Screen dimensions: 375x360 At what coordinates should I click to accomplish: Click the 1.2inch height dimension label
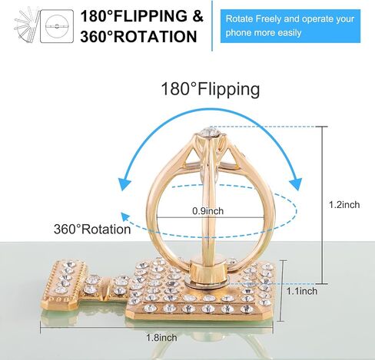pyautogui.click(x=344, y=205)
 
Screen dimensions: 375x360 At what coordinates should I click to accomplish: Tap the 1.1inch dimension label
pyautogui.click(x=302, y=291)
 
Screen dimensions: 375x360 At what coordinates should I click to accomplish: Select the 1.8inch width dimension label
pyautogui.click(x=161, y=338)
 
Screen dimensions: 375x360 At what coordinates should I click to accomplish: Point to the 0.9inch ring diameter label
pyautogui.click(x=208, y=211)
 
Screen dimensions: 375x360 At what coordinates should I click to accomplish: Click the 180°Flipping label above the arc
pyautogui.click(x=211, y=90)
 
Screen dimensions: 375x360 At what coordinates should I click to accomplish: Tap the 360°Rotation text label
pyautogui.click(x=92, y=229)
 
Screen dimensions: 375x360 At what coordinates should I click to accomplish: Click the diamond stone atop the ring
pyautogui.click(x=210, y=132)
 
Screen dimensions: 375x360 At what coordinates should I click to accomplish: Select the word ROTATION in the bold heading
pyautogui.click(x=155, y=36)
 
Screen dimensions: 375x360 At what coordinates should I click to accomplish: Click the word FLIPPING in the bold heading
pyautogui.click(x=151, y=16)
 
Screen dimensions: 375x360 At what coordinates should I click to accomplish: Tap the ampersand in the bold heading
pyautogui.click(x=197, y=16)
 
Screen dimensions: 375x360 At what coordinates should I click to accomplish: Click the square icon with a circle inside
pyautogui.click(x=57, y=26)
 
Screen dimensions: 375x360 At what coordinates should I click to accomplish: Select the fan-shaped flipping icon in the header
pyautogui.click(x=27, y=25)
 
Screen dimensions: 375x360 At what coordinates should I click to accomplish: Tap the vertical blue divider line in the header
pyautogui.click(x=212, y=25)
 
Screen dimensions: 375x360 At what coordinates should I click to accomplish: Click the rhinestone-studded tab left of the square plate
pyautogui.click(x=64, y=283)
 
